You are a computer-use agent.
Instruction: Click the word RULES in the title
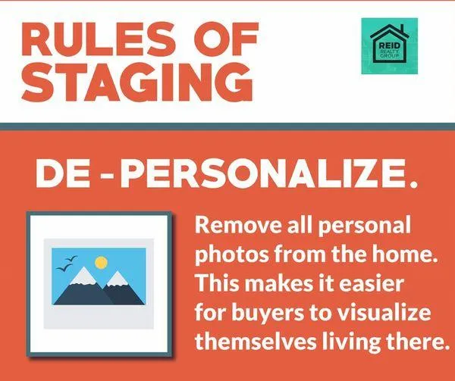[x=99, y=39]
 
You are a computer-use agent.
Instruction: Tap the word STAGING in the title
[x=137, y=82]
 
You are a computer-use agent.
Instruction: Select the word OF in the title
[x=226, y=39]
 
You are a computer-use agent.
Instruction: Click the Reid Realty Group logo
[x=390, y=45]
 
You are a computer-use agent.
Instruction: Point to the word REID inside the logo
[x=390, y=45]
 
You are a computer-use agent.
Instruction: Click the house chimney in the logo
[x=402, y=29]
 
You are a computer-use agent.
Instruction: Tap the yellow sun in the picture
[x=102, y=262]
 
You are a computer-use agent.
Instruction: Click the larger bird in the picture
[x=64, y=267]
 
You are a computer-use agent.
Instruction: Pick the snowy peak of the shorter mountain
[x=118, y=280]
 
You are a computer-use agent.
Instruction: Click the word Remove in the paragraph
[x=238, y=225]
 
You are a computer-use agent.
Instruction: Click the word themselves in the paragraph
[x=256, y=342]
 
